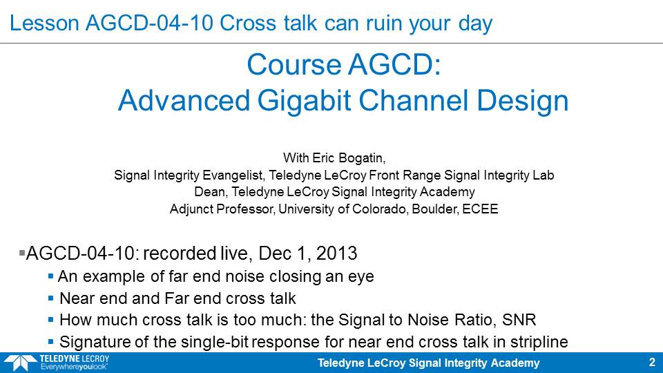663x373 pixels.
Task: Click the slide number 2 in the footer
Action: click(x=652, y=363)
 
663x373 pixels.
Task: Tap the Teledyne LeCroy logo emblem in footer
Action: click(x=20, y=363)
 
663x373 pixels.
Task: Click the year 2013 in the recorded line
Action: click(x=336, y=254)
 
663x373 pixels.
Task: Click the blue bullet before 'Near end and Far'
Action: click(x=50, y=298)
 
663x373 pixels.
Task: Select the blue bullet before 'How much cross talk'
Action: click(x=50, y=320)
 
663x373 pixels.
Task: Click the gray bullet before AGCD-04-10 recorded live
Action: click(x=22, y=254)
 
